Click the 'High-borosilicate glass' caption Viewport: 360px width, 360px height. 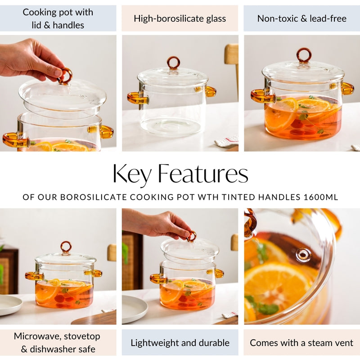180,18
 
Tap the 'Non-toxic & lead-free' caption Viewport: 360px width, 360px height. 301,18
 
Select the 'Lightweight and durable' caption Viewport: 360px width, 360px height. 180,342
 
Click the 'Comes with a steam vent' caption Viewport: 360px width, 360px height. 301,342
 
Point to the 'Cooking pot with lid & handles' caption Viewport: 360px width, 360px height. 58,18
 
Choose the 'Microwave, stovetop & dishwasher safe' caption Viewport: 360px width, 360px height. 57,342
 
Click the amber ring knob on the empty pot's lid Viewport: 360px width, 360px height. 173,62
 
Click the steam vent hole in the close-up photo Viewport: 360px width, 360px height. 303,255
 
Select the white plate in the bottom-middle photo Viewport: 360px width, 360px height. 134,308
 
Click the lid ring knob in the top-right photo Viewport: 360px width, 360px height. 304,55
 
